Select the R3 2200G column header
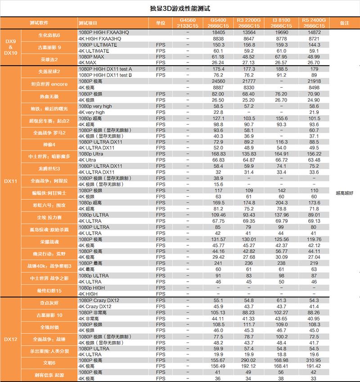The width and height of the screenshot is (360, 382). pyautogui.click(x=248, y=23)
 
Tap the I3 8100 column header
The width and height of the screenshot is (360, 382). pyautogui.click(x=281, y=23)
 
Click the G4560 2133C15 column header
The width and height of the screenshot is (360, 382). pyautogui.click(x=188, y=23)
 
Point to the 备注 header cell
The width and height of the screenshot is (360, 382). pyautogui.click(x=344, y=23)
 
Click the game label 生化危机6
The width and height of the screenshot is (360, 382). pyautogui.click(x=49, y=36)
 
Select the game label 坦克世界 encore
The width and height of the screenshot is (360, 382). pyautogui.click(x=49, y=84)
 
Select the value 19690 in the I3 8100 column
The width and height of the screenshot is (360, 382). pyautogui.click(x=281, y=33)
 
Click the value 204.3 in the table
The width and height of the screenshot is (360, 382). pyautogui.click(x=281, y=203)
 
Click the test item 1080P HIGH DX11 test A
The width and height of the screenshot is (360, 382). pyautogui.click(x=105, y=69)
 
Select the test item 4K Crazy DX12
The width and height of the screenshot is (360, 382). pyautogui.click(x=95, y=306)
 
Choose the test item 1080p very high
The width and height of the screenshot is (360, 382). pyautogui.click(x=95, y=106)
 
